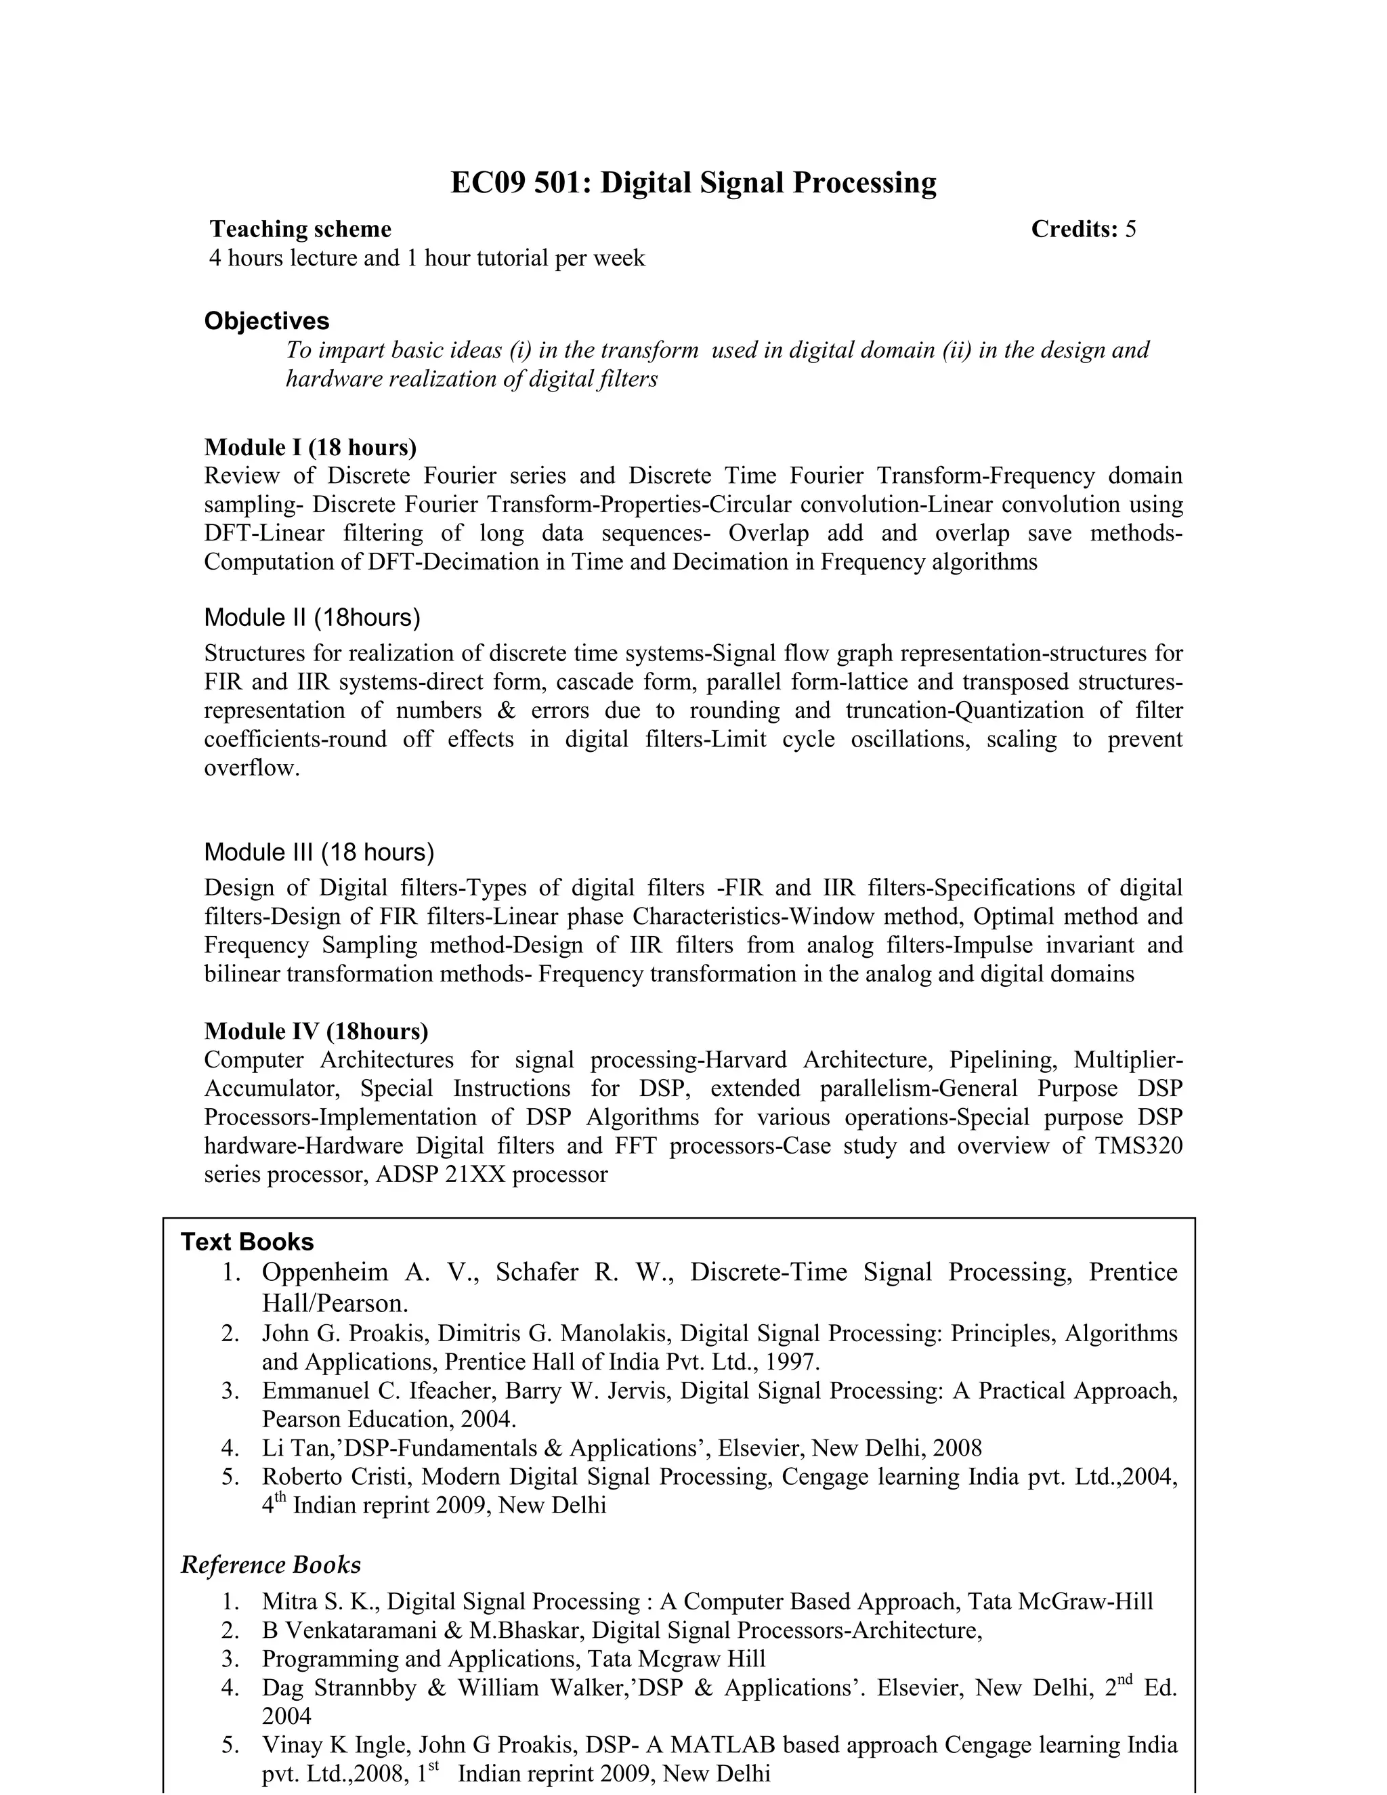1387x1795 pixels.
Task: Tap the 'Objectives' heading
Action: (266, 320)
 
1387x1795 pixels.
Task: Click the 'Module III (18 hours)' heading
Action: (319, 851)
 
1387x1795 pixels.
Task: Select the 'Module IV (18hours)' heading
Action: (316, 1031)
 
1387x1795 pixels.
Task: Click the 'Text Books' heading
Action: (247, 1241)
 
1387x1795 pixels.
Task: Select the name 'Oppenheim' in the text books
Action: (324, 1272)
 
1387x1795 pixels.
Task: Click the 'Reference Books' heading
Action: (270, 1564)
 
